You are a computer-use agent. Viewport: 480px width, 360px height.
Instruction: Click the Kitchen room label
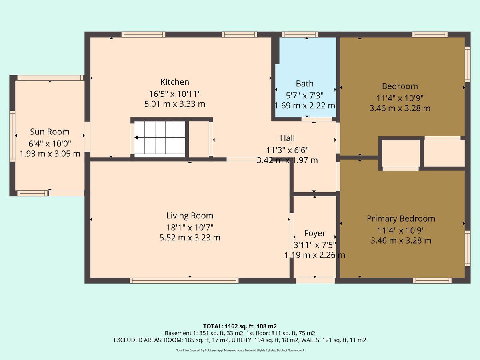coord(175,82)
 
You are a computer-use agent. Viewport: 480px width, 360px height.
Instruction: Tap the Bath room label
coord(305,84)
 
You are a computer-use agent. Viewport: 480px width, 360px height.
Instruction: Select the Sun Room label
coord(50,132)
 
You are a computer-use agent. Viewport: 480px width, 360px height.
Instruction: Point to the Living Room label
coord(190,216)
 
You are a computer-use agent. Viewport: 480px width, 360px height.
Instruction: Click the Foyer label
coord(315,234)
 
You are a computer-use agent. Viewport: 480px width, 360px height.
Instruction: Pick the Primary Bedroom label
coord(401,219)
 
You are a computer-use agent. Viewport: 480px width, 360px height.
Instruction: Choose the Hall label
coord(287,138)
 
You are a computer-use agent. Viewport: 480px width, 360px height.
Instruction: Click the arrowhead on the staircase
coord(136,138)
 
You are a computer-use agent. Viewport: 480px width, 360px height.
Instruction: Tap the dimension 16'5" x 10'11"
coord(175,94)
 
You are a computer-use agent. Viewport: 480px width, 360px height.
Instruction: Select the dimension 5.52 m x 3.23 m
coord(190,238)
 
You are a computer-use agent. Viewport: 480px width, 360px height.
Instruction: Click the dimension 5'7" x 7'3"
coord(305,96)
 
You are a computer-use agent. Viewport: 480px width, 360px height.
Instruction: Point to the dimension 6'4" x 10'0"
coord(50,144)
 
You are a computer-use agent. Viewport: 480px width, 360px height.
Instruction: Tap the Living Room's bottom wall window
coord(184,280)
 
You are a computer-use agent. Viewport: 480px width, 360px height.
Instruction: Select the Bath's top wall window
coord(300,34)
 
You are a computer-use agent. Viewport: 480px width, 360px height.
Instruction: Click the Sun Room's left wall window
coord(12,136)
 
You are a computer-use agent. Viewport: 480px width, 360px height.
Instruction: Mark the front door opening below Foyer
coord(315,280)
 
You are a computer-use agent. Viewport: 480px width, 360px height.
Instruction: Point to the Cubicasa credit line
coord(240,350)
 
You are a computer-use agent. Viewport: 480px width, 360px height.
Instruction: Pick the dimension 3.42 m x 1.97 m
coord(287,160)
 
